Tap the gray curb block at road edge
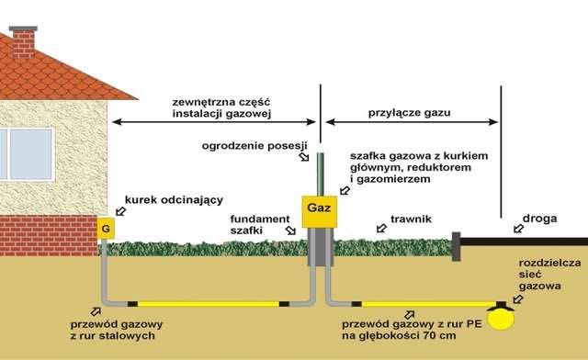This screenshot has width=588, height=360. (x=455, y=245)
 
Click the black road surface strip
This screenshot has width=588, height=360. (x=524, y=245)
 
